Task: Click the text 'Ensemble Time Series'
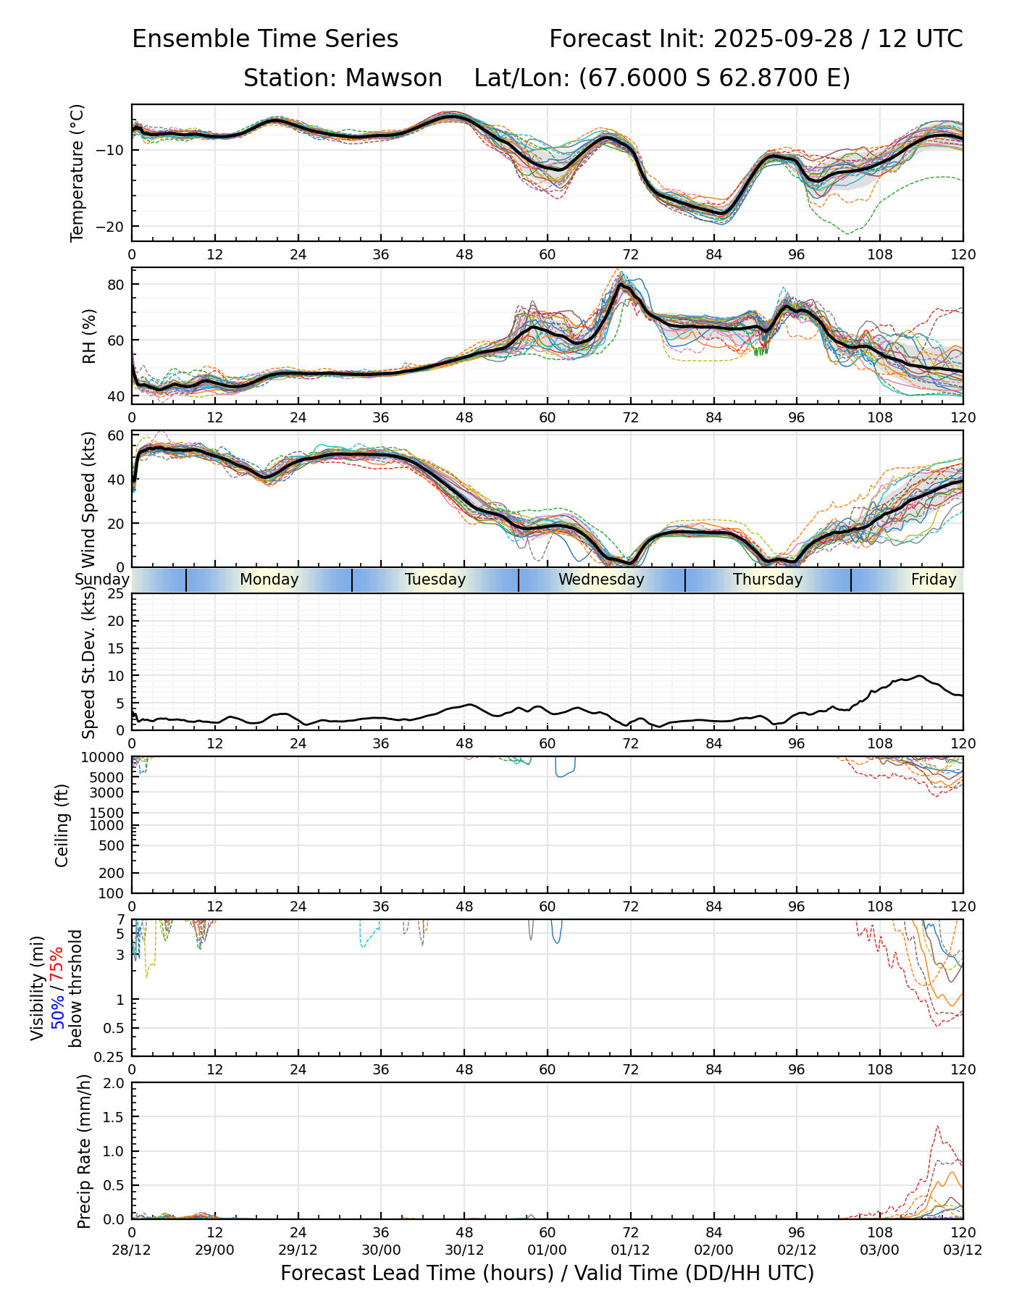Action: point(265,39)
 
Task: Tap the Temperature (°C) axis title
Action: point(77,172)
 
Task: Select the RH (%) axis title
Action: point(89,337)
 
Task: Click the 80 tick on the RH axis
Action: point(117,284)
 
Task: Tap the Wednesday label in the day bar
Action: point(601,580)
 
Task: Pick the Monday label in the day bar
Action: point(269,580)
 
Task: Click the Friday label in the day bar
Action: point(934,580)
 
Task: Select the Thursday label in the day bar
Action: point(768,580)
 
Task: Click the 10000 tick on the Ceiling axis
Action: point(106,757)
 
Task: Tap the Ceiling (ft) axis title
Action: point(62,825)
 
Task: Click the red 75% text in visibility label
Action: point(57,963)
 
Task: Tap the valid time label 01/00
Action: point(548,1250)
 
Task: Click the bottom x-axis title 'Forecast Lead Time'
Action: point(547,1273)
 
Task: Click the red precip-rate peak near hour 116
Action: point(937,1127)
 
